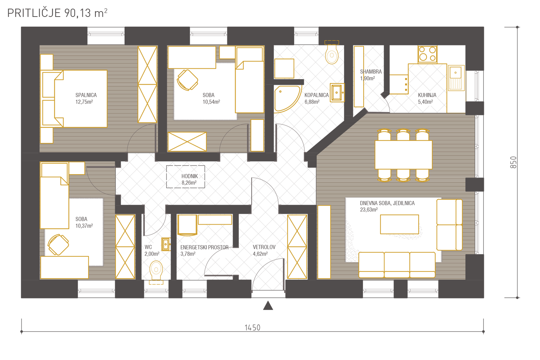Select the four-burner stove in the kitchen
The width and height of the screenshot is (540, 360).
[x=427, y=54]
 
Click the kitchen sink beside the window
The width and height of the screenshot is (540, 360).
[x=456, y=78]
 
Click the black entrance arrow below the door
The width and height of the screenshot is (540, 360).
[x=268, y=305]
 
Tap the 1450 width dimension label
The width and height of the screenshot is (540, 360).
[x=252, y=328]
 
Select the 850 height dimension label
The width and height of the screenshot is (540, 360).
[x=513, y=162]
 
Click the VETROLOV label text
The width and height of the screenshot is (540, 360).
[x=264, y=247]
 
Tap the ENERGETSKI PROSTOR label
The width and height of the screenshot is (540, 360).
[x=204, y=247]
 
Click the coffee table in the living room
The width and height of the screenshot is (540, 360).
[x=400, y=224]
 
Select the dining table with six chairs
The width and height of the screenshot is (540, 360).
[x=403, y=155]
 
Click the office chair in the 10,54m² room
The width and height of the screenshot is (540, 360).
[x=187, y=80]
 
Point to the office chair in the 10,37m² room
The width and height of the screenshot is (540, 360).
[x=58, y=244]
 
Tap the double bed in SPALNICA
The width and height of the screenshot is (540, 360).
[x=74, y=99]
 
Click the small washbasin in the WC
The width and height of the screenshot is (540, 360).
[x=166, y=244]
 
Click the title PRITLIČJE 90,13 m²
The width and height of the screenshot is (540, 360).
[x=57, y=13]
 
